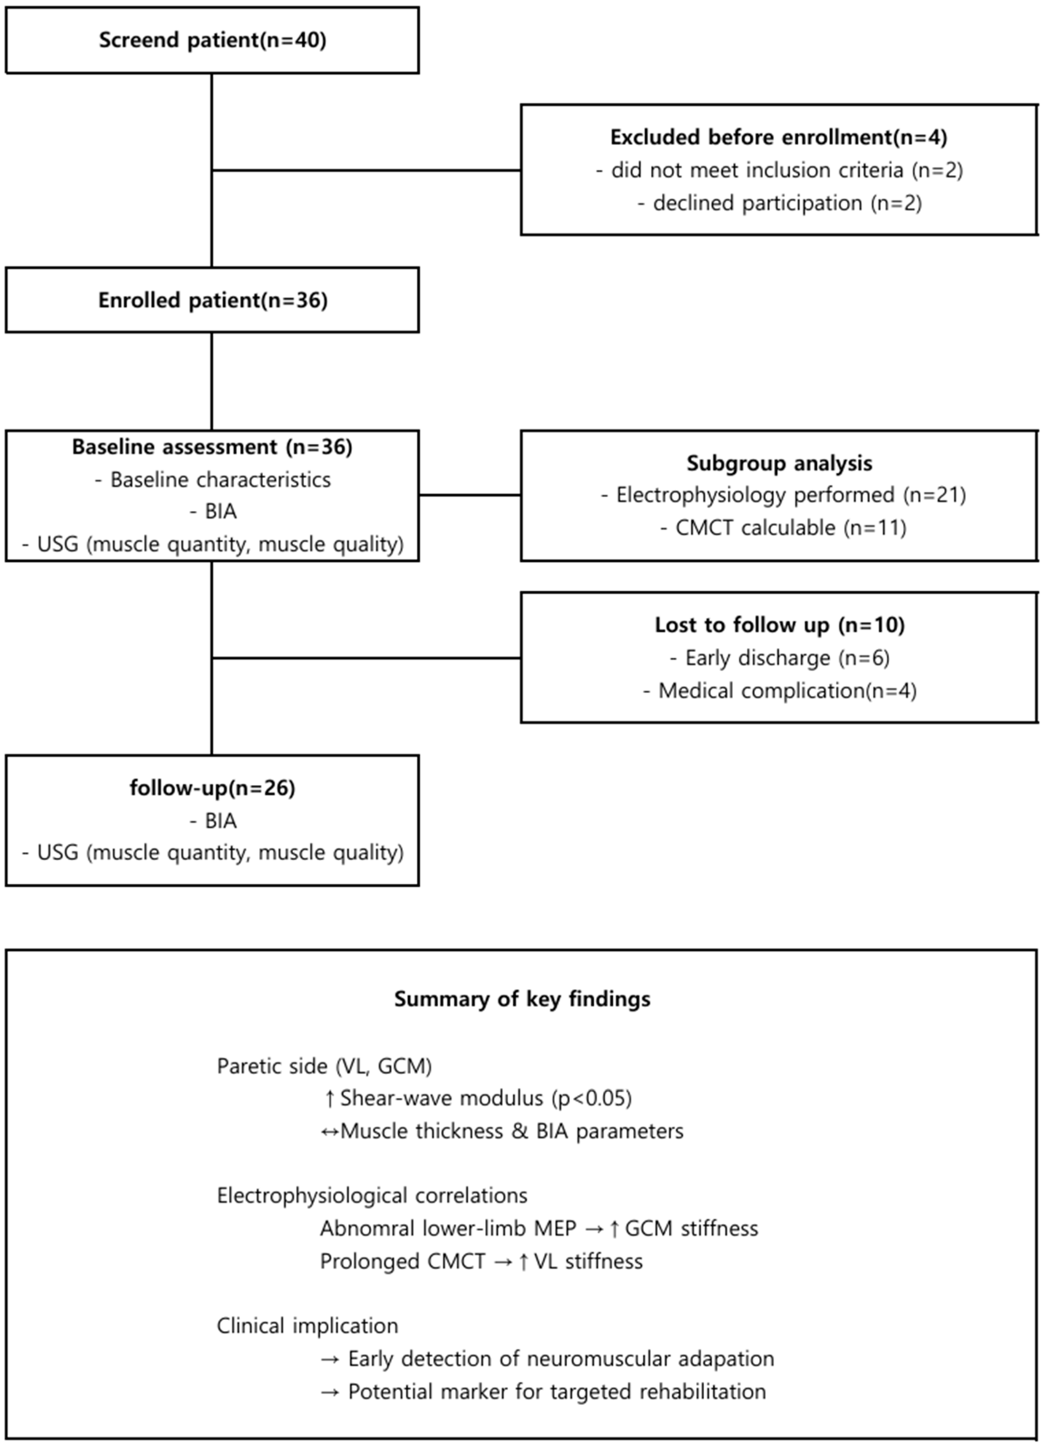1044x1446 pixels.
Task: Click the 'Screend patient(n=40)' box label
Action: [212, 40]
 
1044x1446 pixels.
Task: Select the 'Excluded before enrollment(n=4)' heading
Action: [778, 137]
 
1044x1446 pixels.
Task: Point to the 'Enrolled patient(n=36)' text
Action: [212, 300]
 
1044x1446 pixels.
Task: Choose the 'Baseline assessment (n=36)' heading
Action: [212, 447]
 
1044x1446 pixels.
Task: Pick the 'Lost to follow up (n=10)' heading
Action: [779, 625]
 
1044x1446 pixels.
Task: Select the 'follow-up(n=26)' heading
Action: [212, 788]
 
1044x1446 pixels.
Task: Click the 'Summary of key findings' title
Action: [522, 998]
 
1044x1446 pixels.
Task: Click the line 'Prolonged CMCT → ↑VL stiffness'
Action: [481, 1261]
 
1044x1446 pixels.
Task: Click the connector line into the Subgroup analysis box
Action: [470, 495]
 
